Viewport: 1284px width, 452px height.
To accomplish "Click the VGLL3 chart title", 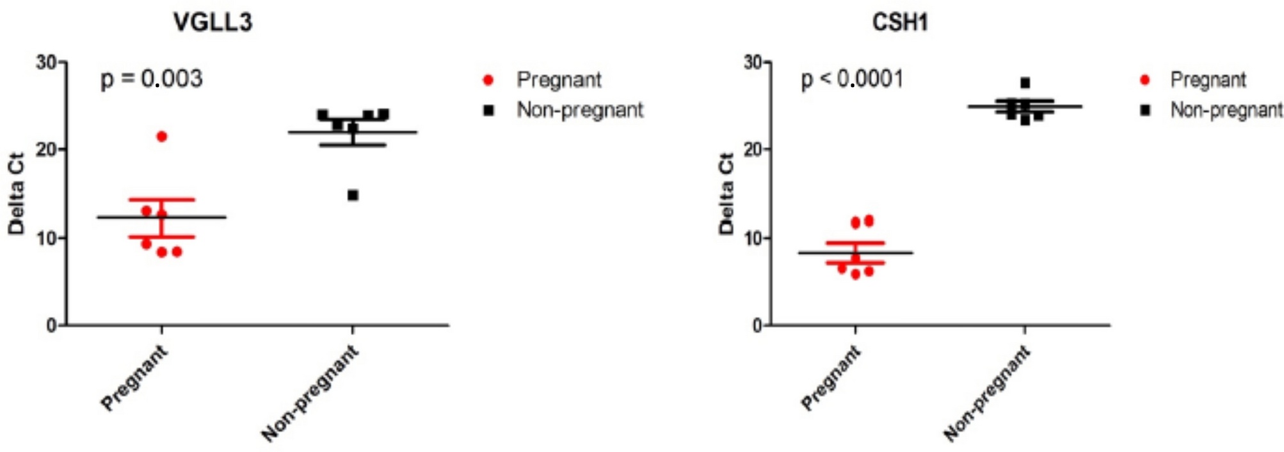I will point(213,22).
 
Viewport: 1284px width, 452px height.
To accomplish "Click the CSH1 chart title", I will point(899,22).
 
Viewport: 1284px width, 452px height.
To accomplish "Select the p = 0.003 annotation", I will point(152,79).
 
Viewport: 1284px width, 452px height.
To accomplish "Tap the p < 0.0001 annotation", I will point(852,79).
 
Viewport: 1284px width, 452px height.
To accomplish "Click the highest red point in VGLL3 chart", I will point(161,136).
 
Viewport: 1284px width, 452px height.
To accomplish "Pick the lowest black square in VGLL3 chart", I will point(353,195).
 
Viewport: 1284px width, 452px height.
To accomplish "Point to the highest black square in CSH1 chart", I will point(1025,83).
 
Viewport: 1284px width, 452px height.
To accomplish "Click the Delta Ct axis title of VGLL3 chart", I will point(16,193).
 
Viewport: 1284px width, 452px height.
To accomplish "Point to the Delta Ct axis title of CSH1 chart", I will point(726,193).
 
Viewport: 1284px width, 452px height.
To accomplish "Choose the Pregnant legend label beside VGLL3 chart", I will point(559,80).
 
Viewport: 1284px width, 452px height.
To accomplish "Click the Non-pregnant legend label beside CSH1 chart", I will point(1226,110).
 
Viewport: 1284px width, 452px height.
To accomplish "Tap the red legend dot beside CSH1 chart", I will point(1145,80).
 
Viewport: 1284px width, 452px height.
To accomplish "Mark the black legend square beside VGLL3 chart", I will point(489,110).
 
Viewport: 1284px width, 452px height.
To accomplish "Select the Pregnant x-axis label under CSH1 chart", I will point(831,378).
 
